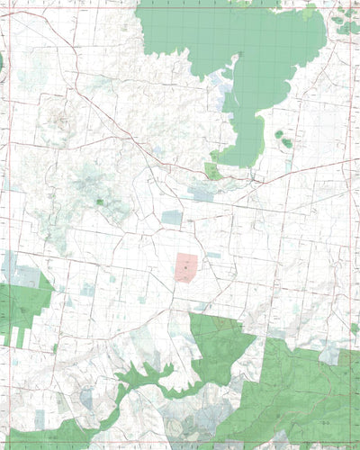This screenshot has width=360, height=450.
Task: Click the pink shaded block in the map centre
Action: coord(184,267)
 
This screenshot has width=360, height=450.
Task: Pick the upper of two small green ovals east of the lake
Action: coord(279,134)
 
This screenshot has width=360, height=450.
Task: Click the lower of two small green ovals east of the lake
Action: coord(287,142)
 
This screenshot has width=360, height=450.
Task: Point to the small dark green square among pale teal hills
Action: coord(100,202)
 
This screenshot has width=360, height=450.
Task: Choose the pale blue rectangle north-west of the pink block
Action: coord(172,217)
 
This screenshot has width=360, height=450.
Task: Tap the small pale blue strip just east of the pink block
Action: coord(213,255)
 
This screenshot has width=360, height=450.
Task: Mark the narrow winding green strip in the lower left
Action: coord(135,378)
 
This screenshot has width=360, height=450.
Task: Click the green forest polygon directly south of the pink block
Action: coord(220,346)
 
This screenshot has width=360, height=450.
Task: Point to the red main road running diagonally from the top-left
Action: coord(117,126)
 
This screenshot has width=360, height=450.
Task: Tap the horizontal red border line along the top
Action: coord(180,8)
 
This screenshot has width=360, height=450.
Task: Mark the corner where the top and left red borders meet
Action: coord(6,8)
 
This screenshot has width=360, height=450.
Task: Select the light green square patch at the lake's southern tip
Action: coord(213,171)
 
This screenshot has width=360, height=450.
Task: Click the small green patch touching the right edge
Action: coord(355,328)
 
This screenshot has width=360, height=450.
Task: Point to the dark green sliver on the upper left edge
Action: coord(2,61)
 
